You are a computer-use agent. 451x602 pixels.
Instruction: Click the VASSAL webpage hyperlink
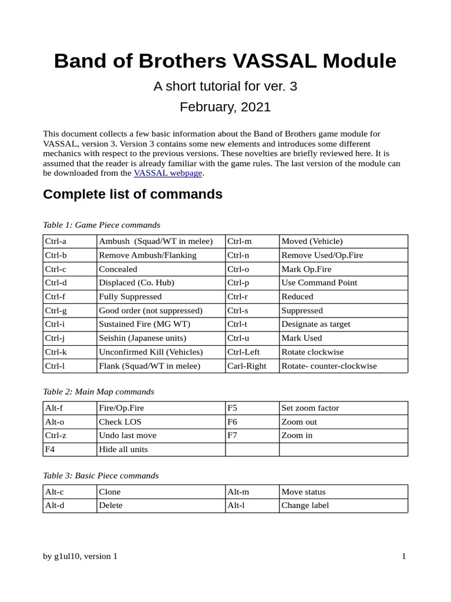(168, 173)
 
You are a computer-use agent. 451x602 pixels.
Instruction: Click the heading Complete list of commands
(133, 194)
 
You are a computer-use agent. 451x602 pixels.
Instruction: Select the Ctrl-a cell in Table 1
(56, 241)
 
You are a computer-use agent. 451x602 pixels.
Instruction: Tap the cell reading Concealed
(118, 269)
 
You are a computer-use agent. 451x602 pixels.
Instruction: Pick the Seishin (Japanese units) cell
(143, 338)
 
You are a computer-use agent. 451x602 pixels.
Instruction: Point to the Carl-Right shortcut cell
(247, 366)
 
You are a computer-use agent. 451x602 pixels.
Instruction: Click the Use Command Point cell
(319, 283)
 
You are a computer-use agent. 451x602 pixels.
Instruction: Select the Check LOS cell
(120, 422)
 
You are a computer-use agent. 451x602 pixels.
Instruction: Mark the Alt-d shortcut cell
(55, 506)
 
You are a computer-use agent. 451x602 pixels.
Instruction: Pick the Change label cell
(305, 506)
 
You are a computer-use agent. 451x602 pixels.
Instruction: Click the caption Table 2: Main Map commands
(99, 392)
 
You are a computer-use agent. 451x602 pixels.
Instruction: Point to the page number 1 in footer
(404, 556)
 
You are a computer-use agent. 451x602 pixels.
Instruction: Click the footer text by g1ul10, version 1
(80, 556)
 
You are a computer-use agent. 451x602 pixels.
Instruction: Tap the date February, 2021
(225, 106)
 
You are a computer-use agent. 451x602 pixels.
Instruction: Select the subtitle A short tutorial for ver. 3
(225, 86)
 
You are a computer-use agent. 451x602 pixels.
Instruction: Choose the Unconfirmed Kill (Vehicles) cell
(151, 352)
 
